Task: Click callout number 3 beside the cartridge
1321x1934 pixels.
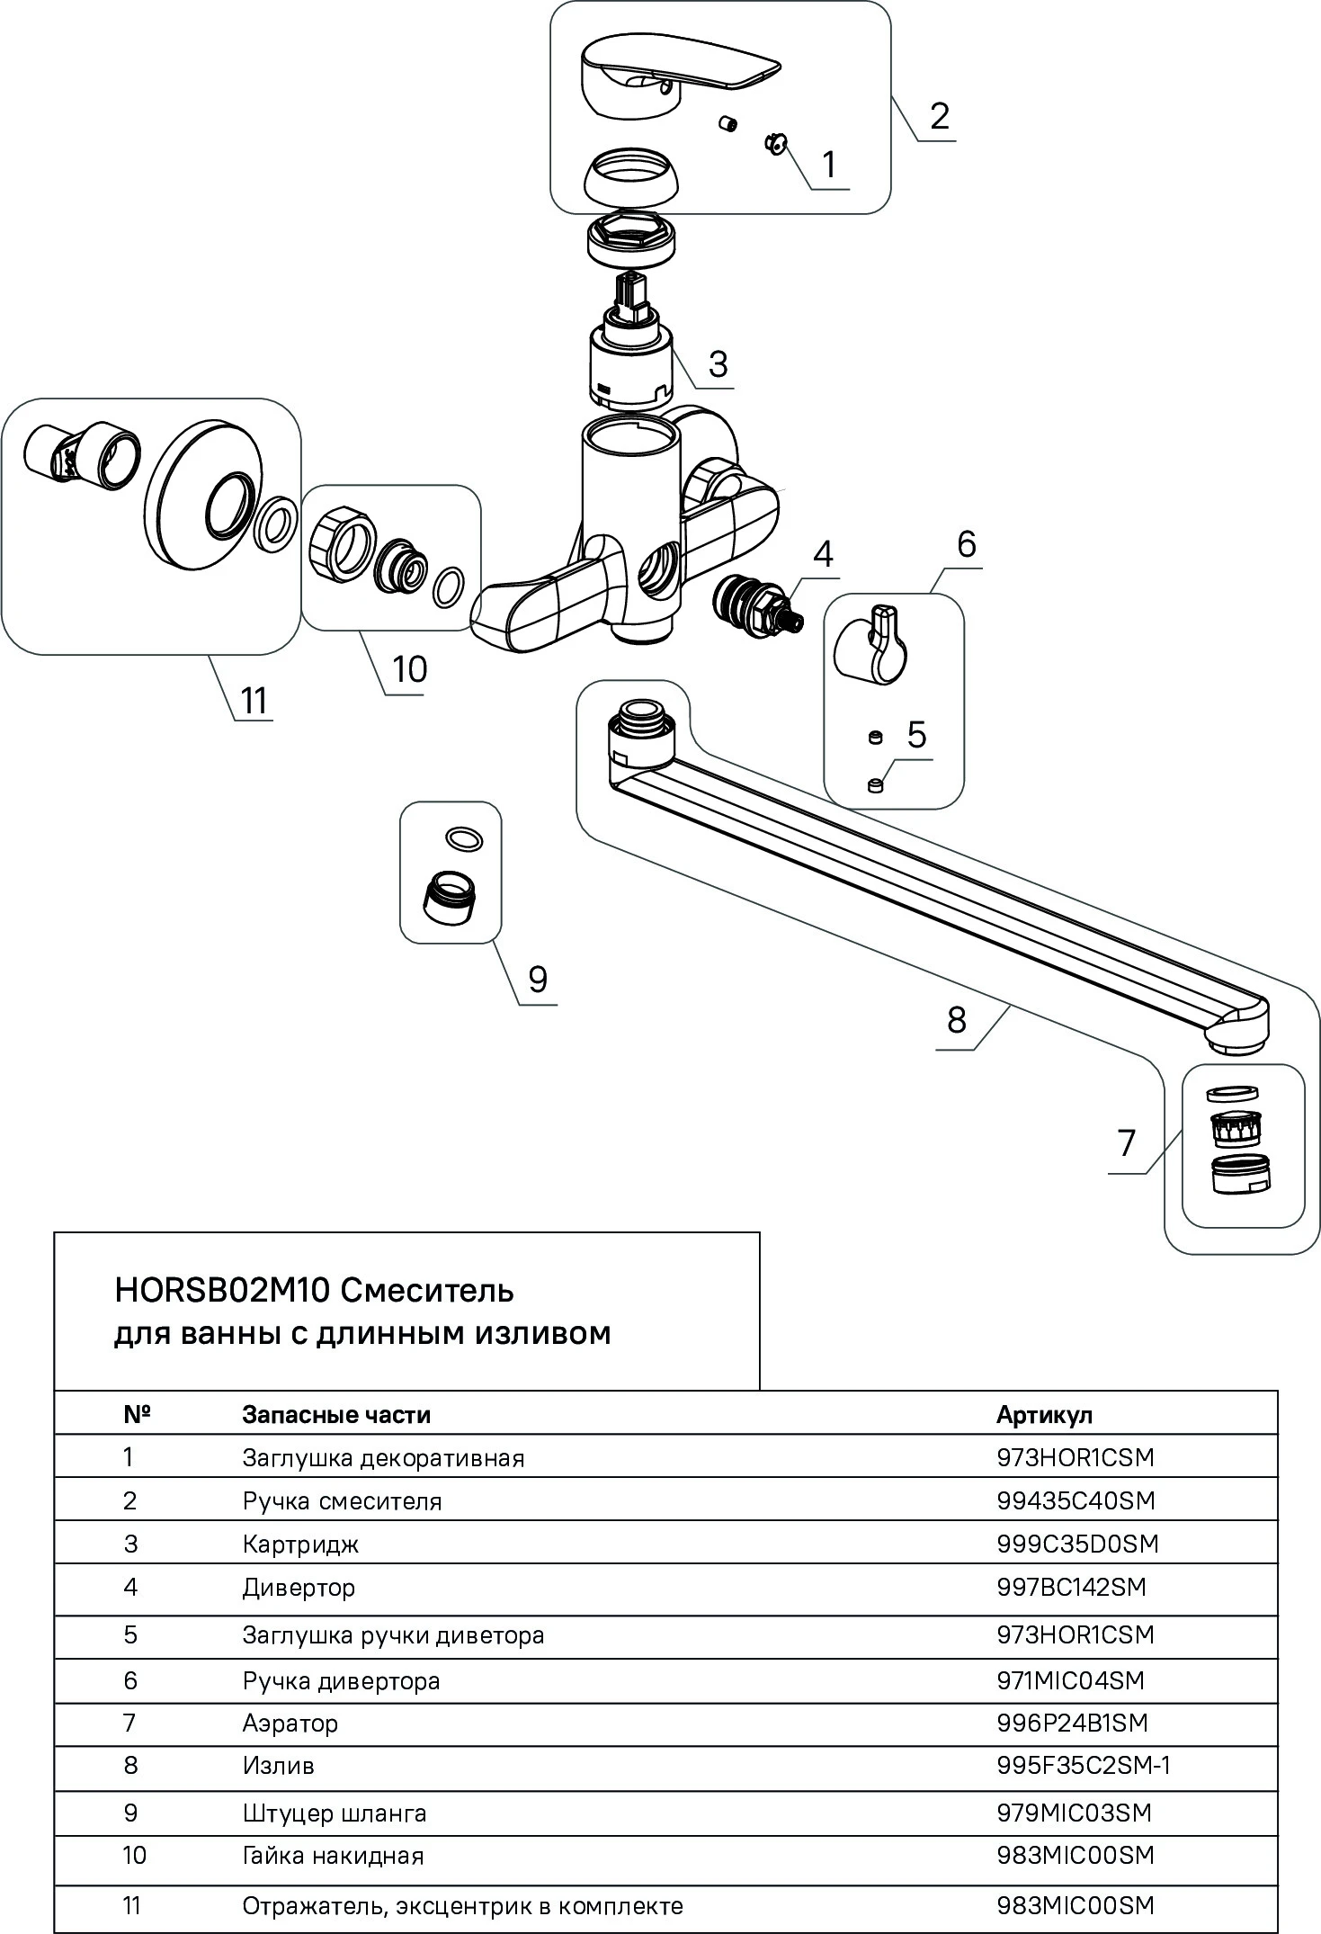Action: (x=717, y=363)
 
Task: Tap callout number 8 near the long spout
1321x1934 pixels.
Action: (x=956, y=1019)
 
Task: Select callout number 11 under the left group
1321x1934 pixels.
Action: (x=254, y=700)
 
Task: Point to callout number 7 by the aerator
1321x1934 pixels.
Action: (x=1127, y=1143)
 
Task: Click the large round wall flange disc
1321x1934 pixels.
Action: (x=205, y=494)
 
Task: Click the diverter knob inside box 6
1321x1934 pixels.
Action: (x=870, y=643)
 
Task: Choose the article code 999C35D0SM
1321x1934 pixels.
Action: (x=1076, y=1544)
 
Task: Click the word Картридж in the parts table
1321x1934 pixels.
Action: (x=300, y=1545)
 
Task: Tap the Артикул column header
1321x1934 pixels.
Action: (x=1043, y=1414)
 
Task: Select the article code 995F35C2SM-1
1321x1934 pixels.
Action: (x=1083, y=1765)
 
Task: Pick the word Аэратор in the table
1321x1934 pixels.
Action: (x=290, y=1723)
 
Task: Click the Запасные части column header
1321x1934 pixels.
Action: (x=335, y=1414)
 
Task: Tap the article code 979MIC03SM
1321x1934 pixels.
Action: (x=1074, y=1812)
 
